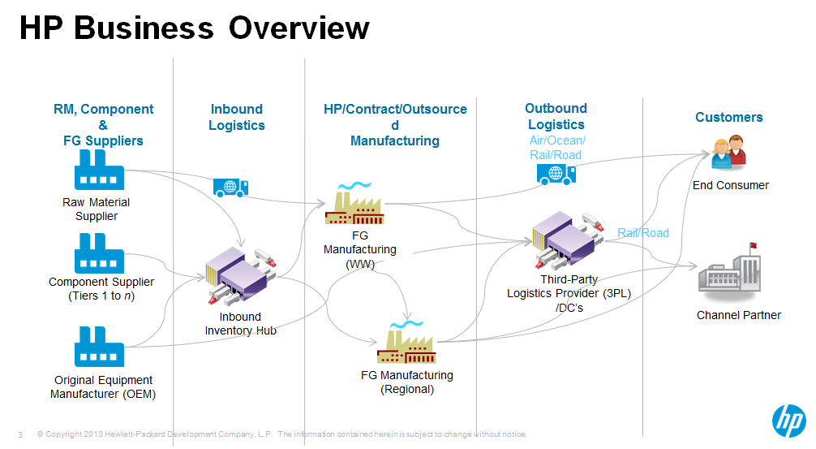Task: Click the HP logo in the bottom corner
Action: click(x=788, y=421)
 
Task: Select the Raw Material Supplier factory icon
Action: click(x=99, y=171)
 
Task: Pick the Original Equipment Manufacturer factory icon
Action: click(x=99, y=347)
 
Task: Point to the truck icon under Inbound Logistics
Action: click(x=230, y=188)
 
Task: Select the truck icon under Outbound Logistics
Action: click(x=556, y=172)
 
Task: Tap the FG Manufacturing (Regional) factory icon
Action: click(x=406, y=344)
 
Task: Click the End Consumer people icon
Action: click(x=728, y=154)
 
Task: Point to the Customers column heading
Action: click(x=728, y=117)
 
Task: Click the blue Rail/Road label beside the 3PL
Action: click(x=643, y=233)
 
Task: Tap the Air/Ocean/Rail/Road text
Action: click(x=556, y=148)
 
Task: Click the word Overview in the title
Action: click(x=298, y=28)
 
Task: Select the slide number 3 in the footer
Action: click(x=19, y=434)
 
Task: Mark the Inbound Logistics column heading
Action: click(x=237, y=117)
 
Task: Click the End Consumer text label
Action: click(x=730, y=185)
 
